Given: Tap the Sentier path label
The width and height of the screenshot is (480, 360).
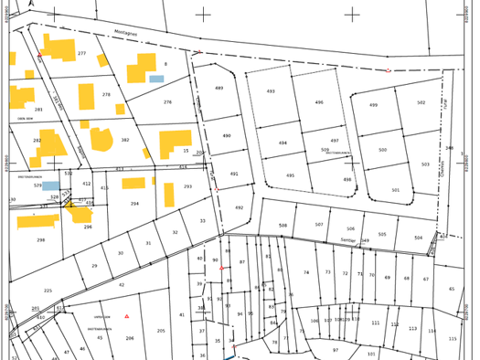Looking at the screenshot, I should click(x=347, y=240).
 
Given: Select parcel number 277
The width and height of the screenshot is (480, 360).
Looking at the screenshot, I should click(x=81, y=53).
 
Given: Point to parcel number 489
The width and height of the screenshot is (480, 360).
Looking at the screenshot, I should click(x=219, y=88).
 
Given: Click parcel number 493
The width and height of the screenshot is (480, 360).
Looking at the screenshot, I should click(x=271, y=91).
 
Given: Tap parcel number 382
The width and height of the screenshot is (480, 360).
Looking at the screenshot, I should click(x=125, y=140).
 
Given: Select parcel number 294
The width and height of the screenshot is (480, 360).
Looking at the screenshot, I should click(x=134, y=204).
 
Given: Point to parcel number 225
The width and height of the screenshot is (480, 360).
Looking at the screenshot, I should click(x=48, y=291).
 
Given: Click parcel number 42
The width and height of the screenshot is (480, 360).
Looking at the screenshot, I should click(x=121, y=284).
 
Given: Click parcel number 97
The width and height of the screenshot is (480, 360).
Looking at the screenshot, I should click(x=335, y=350).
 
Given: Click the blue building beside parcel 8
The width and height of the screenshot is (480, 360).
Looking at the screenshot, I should click(x=156, y=79).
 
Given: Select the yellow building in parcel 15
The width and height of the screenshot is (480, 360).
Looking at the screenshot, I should click(x=174, y=142).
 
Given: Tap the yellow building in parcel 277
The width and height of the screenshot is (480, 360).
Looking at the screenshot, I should click(x=60, y=49).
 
